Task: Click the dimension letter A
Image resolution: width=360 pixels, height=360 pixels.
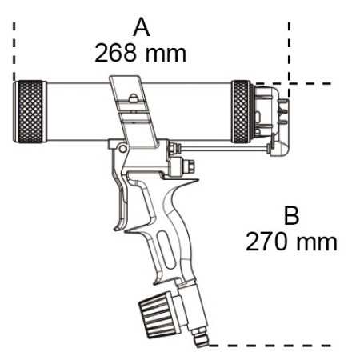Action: (142, 28)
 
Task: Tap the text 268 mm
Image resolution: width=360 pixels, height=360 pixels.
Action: (141, 54)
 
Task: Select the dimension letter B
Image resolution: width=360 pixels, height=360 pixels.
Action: (292, 215)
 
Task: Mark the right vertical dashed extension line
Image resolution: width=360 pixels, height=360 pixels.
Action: (289, 48)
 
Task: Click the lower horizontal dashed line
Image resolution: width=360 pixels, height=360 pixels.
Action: (264, 346)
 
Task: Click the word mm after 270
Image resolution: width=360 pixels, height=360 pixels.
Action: (315, 240)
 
